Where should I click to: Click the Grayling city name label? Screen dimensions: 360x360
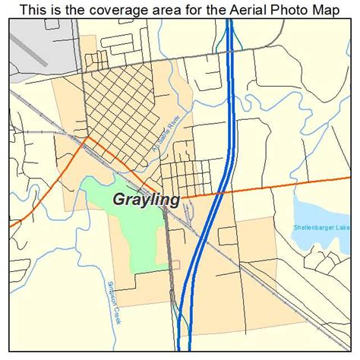[x=147, y=201]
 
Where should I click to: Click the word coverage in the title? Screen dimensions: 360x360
[x=127, y=10]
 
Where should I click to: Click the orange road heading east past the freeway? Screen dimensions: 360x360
[x=289, y=185]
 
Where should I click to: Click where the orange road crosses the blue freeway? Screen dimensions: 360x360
[x=220, y=191]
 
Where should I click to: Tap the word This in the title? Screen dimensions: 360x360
[x=34, y=10]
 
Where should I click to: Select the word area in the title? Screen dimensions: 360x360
[x=169, y=10]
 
